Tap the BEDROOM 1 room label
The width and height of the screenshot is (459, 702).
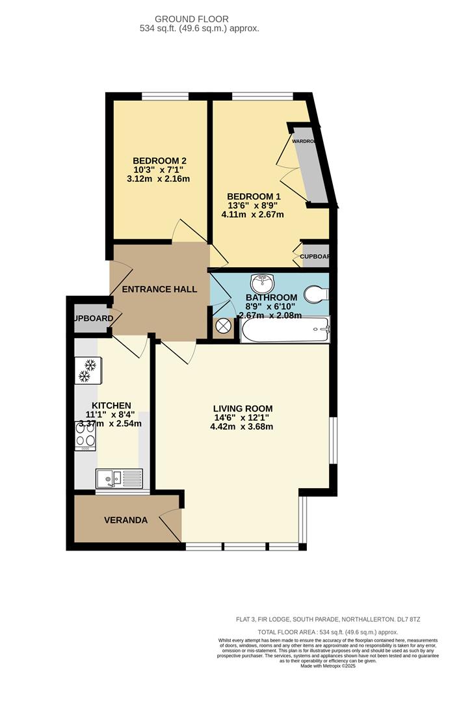[254, 196]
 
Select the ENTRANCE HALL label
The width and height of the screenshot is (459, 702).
[160, 289]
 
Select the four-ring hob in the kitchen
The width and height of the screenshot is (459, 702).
[86, 434]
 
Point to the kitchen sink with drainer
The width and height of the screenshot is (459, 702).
[119, 478]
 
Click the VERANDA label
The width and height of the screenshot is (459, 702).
[126, 520]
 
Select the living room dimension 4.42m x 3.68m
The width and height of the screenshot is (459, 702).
[241, 427]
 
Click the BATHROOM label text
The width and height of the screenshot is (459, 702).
[272, 297]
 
